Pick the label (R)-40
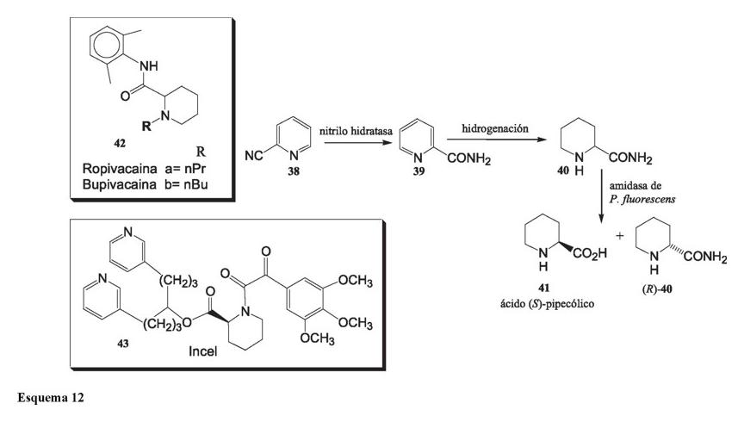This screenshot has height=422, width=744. [660, 289]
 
